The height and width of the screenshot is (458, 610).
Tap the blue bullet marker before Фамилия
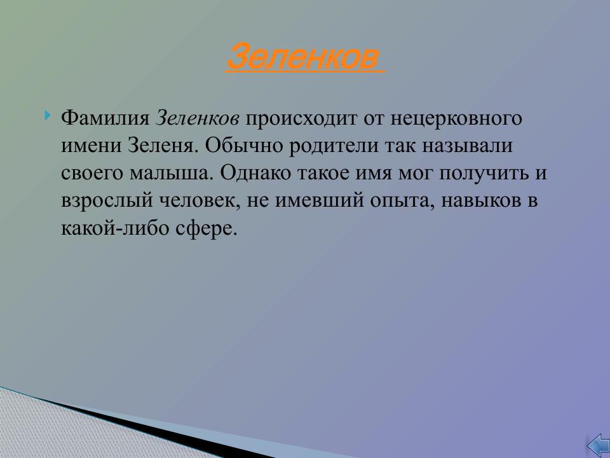click(x=48, y=116)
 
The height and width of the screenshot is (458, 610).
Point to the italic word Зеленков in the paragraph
click(x=198, y=119)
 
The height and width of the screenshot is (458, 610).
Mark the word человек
click(x=193, y=201)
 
